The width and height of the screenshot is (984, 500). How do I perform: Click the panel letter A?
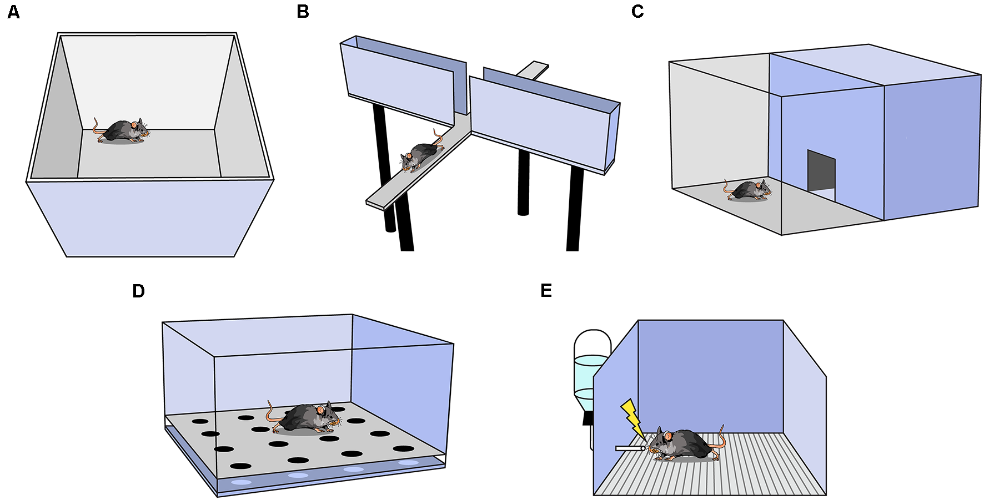(x=13, y=12)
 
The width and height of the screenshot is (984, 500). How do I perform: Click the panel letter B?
(x=303, y=12)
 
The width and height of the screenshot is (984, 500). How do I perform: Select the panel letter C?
(x=637, y=12)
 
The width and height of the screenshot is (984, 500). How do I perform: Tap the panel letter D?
(x=138, y=291)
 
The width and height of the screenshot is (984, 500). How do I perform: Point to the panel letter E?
(x=546, y=290)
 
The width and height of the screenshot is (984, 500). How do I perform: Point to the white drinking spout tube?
(x=629, y=448)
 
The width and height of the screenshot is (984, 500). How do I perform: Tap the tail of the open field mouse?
(x=97, y=127)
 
